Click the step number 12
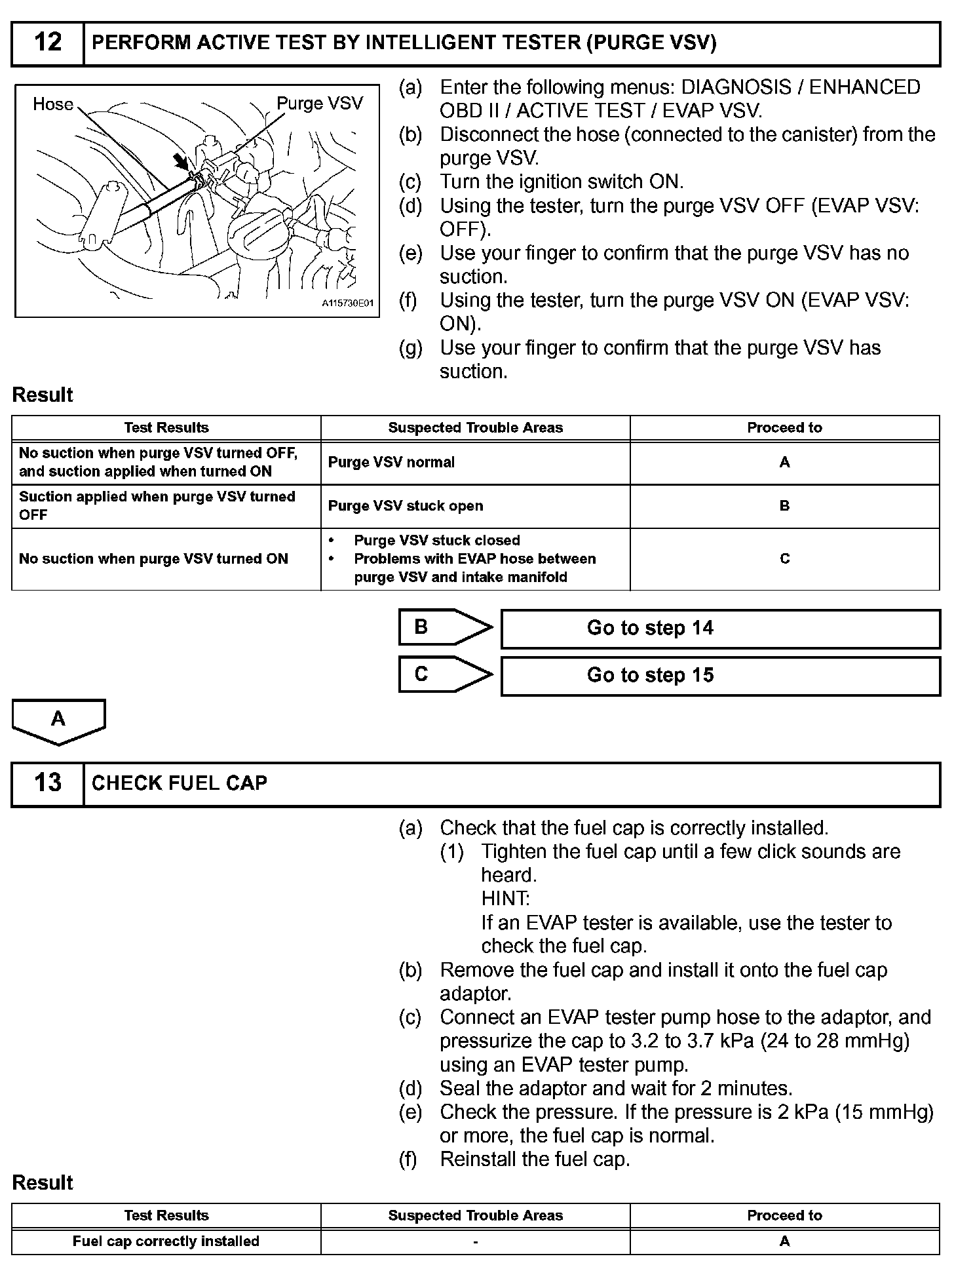[47, 43]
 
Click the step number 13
[47, 783]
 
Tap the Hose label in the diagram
[52, 104]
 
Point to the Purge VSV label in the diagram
[319, 104]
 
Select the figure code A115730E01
[347, 303]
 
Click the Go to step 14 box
[720, 629]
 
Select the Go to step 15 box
[720, 676]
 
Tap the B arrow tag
[445, 627]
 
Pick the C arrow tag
[445, 674]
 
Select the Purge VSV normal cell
[391, 463]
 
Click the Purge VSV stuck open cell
[406, 506]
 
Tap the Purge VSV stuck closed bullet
[436, 541]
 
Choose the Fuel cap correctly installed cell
[166, 1241]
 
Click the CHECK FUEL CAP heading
[180, 783]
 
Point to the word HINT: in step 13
[505, 899]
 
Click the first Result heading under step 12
[43, 395]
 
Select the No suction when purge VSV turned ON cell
[153, 559]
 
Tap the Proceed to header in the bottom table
[784, 1215]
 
